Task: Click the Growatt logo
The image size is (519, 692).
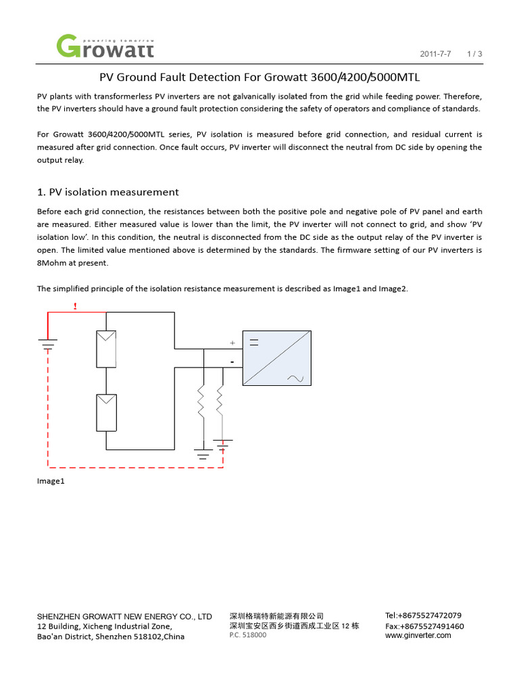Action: (105, 46)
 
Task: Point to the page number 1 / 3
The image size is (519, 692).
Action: (474, 53)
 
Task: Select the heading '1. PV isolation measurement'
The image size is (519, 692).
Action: (107, 192)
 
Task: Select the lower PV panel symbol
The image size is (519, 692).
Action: (106, 413)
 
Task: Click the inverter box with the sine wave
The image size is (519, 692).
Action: (276, 358)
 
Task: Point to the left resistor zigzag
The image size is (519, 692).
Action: (201, 404)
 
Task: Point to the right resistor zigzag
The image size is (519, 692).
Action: (220, 404)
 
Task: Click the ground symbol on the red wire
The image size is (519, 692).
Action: (48, 345)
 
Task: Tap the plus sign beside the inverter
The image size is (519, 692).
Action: (232, 343)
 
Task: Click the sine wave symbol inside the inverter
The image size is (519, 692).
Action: (295, 378)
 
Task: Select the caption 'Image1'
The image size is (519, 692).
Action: (51, 481)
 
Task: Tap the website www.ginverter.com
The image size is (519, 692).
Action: (418, 635)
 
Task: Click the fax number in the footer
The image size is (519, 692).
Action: (424, 626)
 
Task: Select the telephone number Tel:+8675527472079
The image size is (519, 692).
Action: (423, 616)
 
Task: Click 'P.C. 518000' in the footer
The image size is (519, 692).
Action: (248, 635)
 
